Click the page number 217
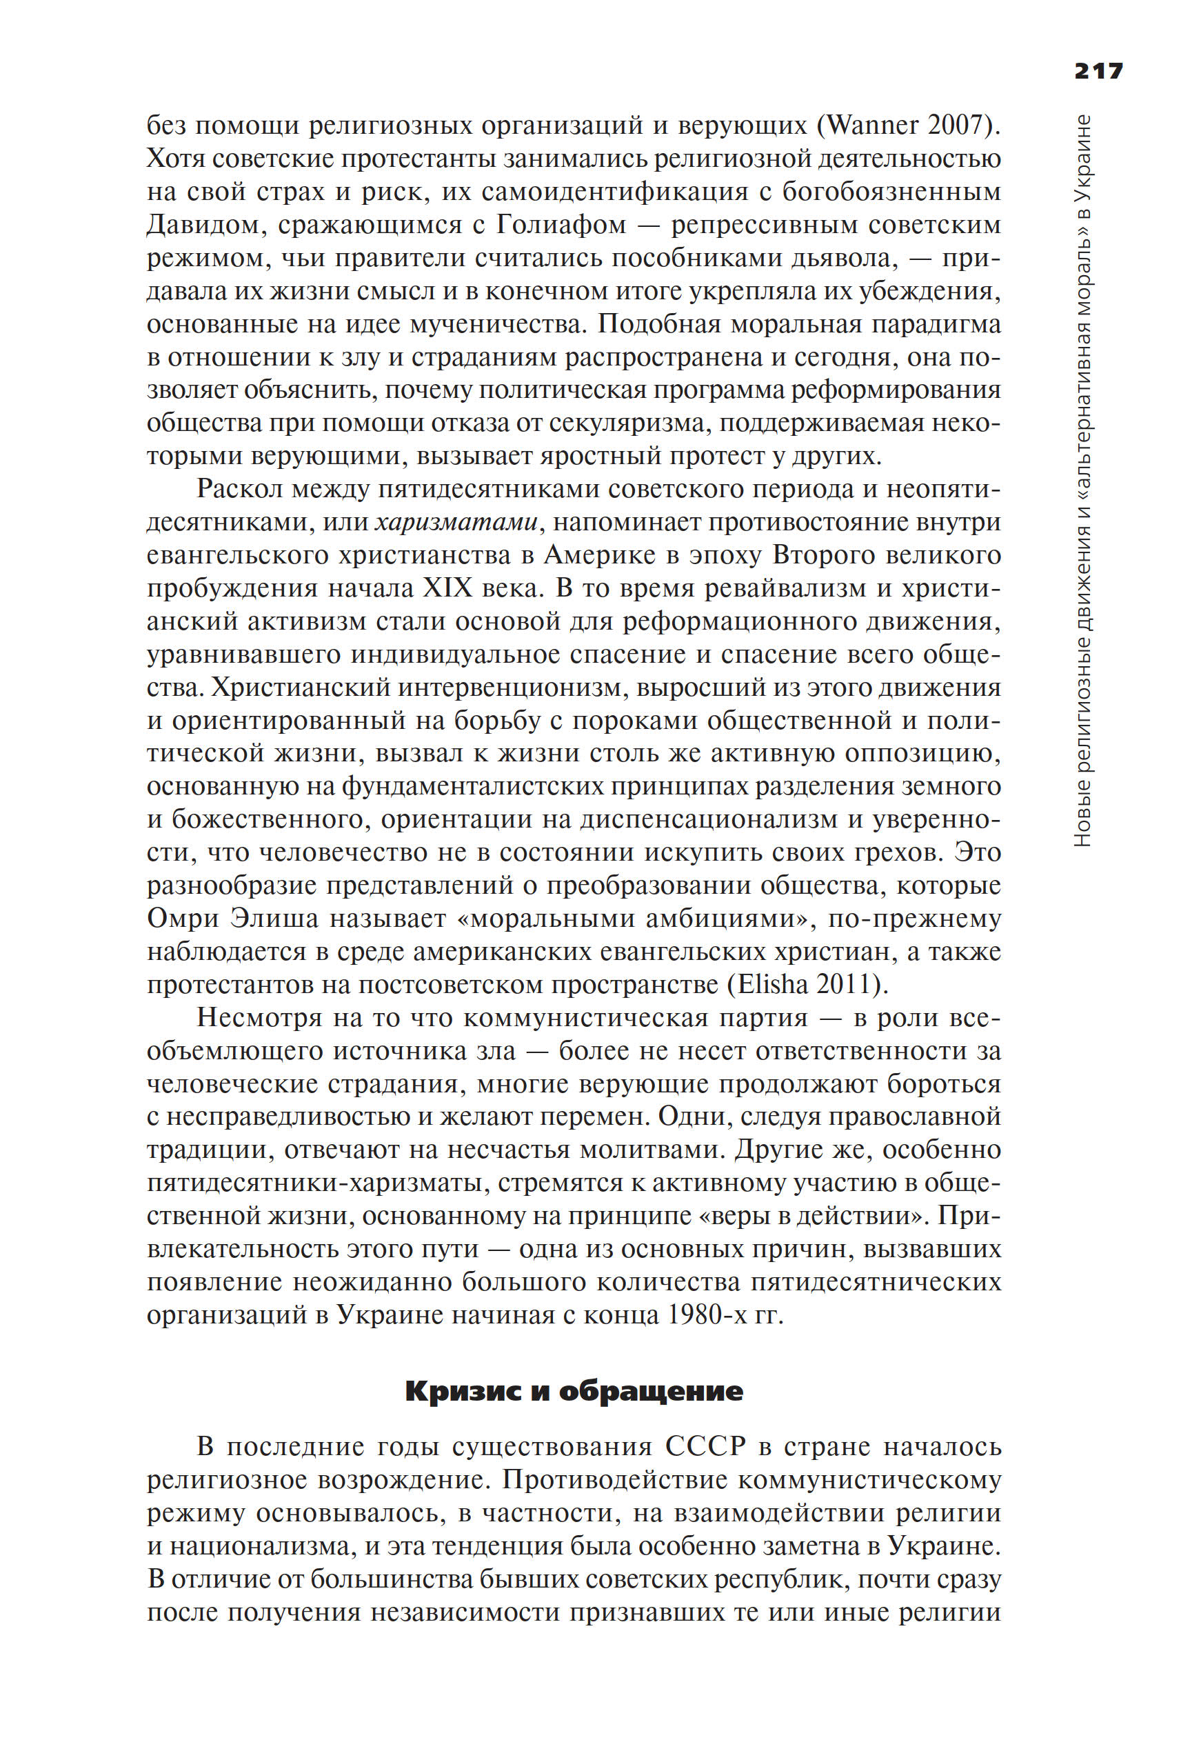tap(1098, 71)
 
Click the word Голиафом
tap(561, 225)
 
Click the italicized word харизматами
tap(456, 522)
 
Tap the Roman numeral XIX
tap(447, 588)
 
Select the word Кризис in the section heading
tap(463, 1391)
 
